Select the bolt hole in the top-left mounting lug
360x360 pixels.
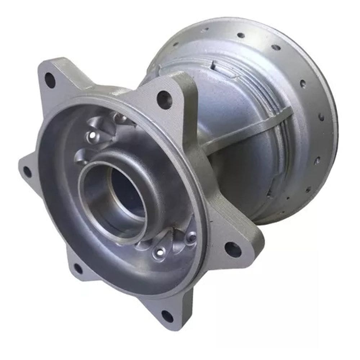pyautogui.click(x=50, y=80)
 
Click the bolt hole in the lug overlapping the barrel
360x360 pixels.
pyautogui.click(x=165, y=99)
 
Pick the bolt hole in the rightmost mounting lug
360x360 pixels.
pyautogui.click(x=233, y=249)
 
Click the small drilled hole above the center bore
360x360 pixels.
pyautogui.click(x=93, y=135)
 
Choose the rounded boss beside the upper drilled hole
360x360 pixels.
pyautogui.click(x=119, y=118)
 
